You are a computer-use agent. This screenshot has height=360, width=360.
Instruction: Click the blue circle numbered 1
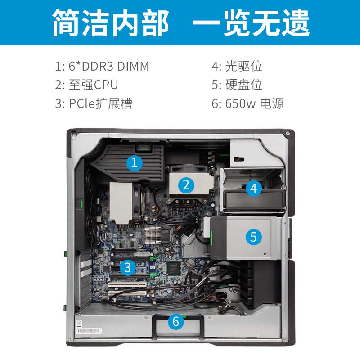tap(135, 163)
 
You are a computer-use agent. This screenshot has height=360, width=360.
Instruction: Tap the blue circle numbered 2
tap(186, 185)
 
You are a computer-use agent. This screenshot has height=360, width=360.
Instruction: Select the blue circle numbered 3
tap(128, 267)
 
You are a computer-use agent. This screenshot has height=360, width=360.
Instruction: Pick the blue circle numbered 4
tap(254, 188)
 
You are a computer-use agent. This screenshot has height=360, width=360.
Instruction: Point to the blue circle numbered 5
tap(254, 237)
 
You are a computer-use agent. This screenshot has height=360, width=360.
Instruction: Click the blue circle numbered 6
tap(176, 321)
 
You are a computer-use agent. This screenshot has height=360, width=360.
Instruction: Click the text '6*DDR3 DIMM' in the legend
tap(109, 66)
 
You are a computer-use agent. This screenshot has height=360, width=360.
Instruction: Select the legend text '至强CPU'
tap(94, 85)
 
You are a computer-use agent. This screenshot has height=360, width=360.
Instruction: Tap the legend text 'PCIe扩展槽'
tap(100, 103)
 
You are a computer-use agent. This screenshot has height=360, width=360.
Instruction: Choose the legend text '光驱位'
tap(243, 66)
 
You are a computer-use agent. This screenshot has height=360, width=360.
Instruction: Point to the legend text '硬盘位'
tap(243, 85)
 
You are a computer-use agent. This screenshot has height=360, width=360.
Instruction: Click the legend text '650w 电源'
tap(254, 103)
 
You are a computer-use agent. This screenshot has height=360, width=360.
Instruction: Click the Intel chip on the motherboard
tap(173, 268)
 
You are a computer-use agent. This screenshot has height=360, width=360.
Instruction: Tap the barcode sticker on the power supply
tap(89, 331)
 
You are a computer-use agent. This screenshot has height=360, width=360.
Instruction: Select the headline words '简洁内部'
tap(111, 23)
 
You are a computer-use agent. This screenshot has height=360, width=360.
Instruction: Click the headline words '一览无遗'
tap(251, 23)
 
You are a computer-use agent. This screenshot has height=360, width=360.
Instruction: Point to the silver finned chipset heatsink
tap(153, 235)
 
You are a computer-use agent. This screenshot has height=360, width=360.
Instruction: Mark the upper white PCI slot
tap(128, 285)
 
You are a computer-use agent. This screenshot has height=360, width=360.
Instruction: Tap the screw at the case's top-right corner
tap(288, 133)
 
